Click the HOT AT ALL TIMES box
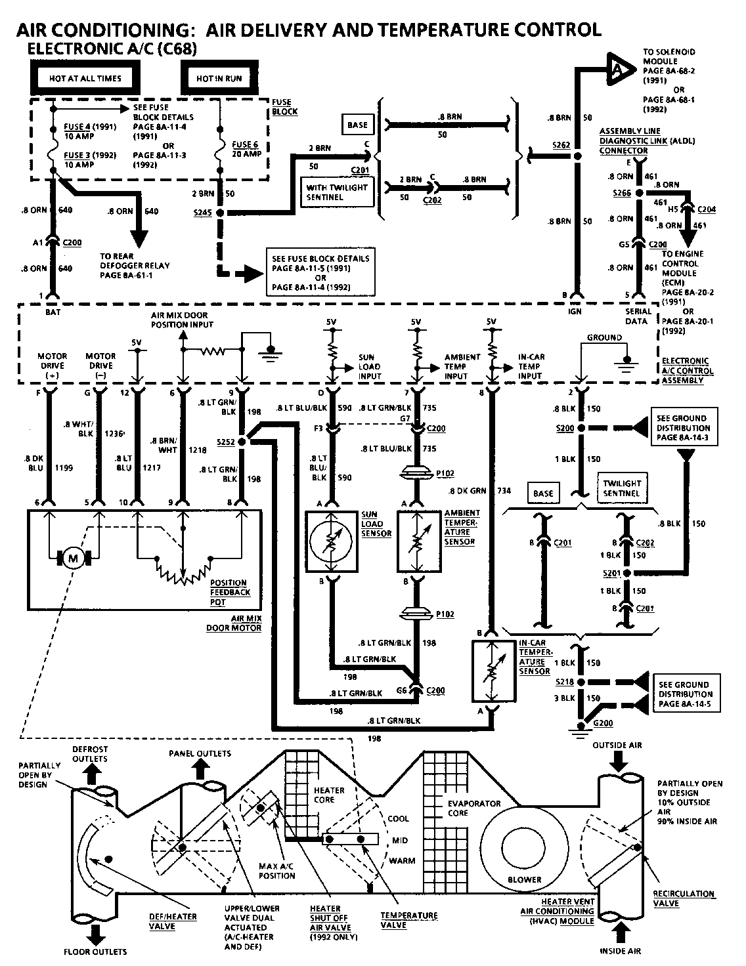[85, 78]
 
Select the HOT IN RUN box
[219, 78]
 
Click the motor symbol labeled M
[74, 558]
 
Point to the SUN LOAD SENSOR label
[376, 524]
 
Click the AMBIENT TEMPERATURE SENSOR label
[462, 527]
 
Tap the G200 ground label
[602, 723]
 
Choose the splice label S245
[202, 213]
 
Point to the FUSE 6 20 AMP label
[246, 149]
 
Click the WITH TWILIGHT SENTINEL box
[337, 192]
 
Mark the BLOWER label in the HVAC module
[525, 879]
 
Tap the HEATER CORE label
[328, 795]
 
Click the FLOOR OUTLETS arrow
[95, 932]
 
